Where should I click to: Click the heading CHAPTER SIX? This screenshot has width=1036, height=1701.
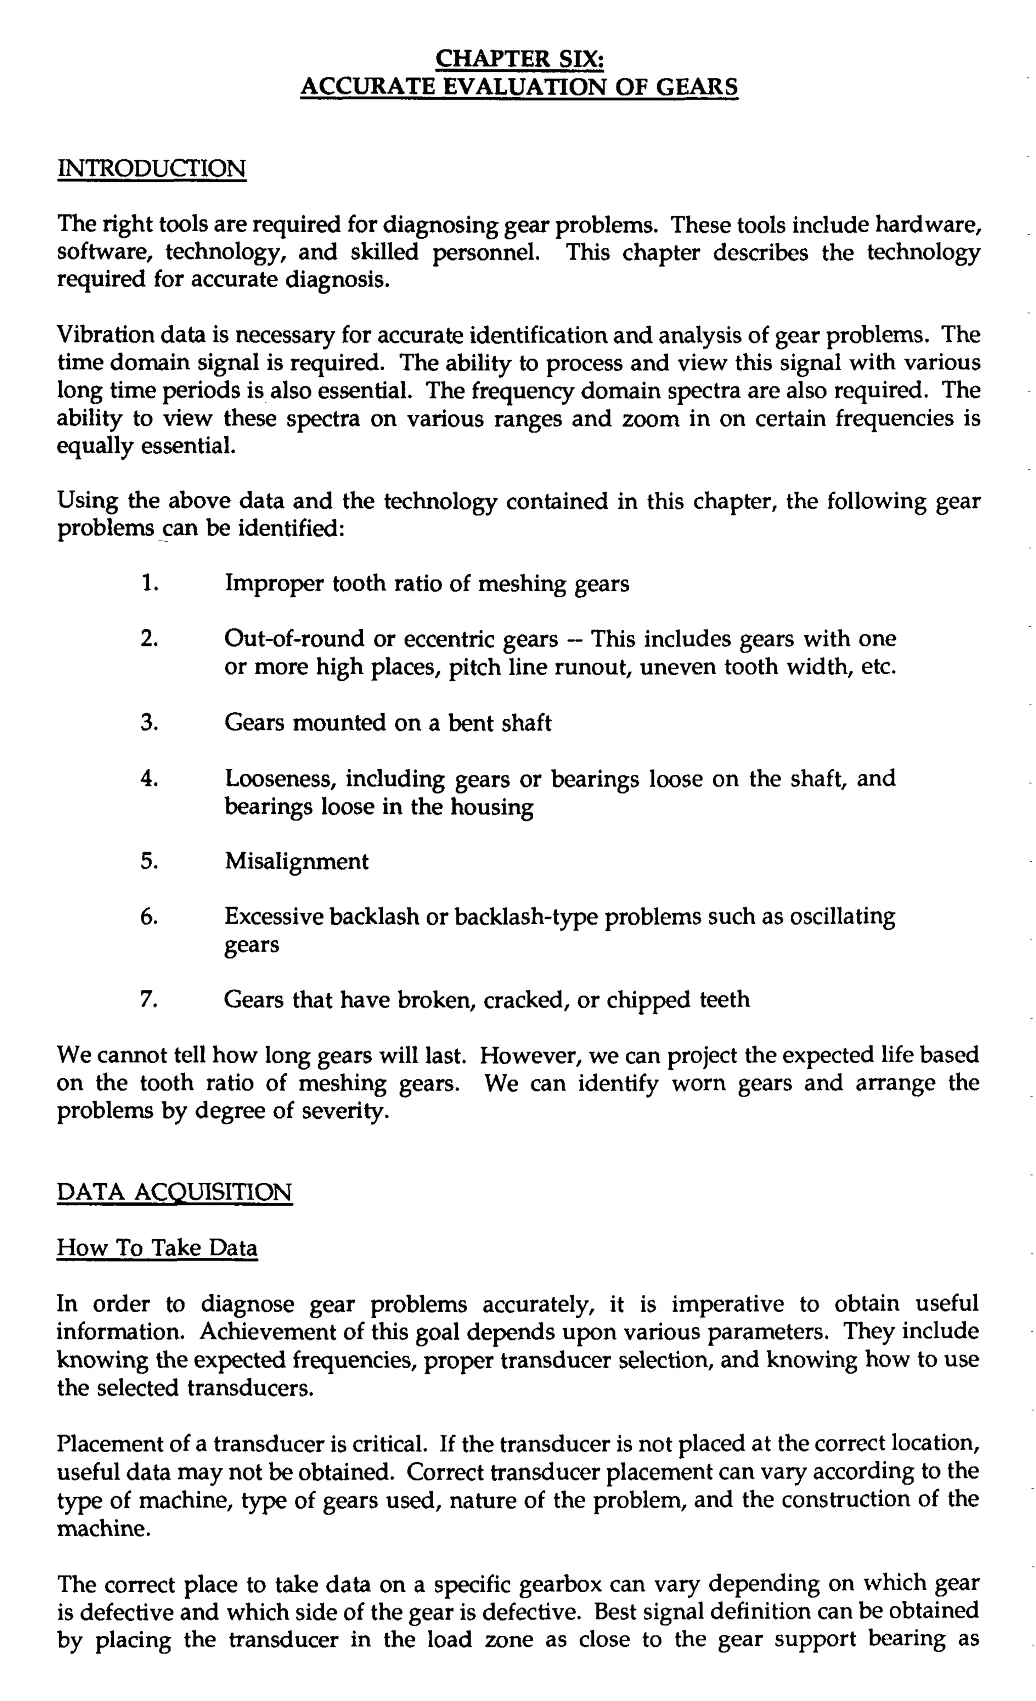pos(521,59)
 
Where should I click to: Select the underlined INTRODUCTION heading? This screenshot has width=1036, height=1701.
pos(152,168)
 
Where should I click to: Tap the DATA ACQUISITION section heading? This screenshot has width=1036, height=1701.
pos(175,1192)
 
